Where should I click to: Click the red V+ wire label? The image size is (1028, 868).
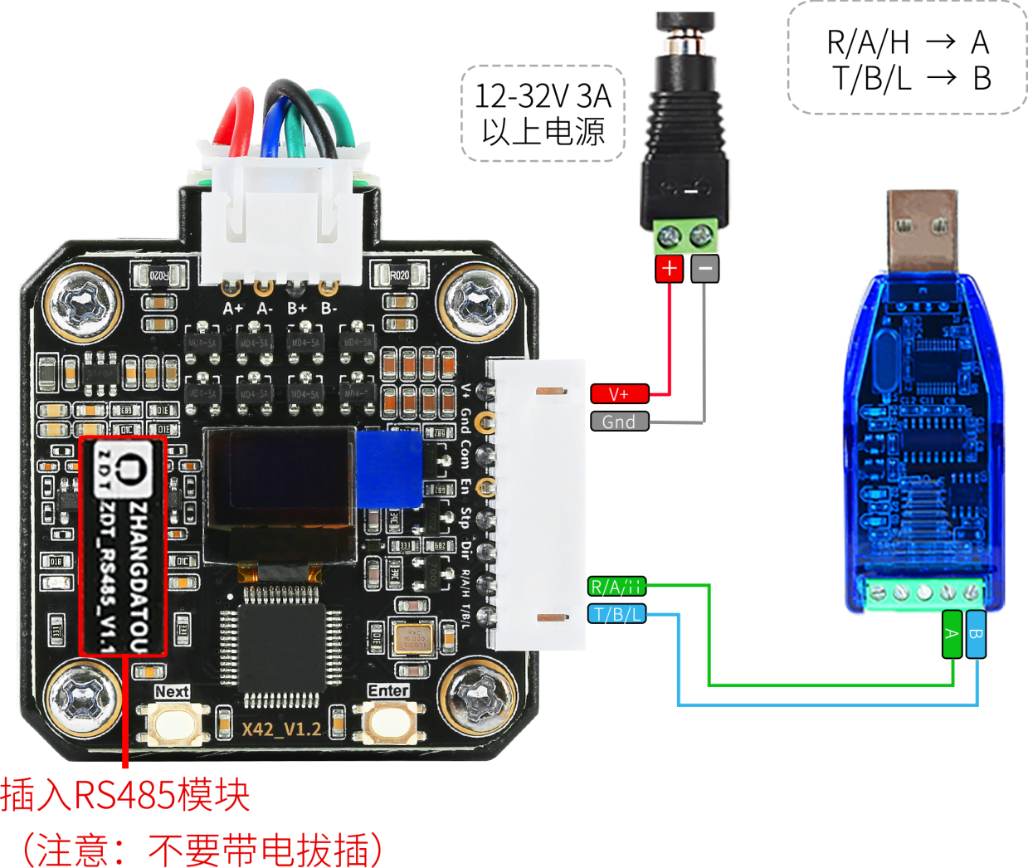[619, 395]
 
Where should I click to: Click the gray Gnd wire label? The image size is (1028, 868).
[619, 422]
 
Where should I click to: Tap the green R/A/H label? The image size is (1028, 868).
[616, 588]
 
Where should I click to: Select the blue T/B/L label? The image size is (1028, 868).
[616, 615]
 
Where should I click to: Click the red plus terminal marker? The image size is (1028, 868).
[669, 269]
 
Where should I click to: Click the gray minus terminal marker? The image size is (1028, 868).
[705, 269]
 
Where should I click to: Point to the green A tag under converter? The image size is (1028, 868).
[952, 634]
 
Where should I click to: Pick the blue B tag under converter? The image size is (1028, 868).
[977, 634]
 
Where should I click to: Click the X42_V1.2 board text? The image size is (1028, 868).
[281, 729]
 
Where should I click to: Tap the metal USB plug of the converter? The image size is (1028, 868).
[922, 227]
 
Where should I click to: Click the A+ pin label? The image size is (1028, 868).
[233, 309]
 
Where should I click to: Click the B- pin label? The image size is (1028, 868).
[329, 309]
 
